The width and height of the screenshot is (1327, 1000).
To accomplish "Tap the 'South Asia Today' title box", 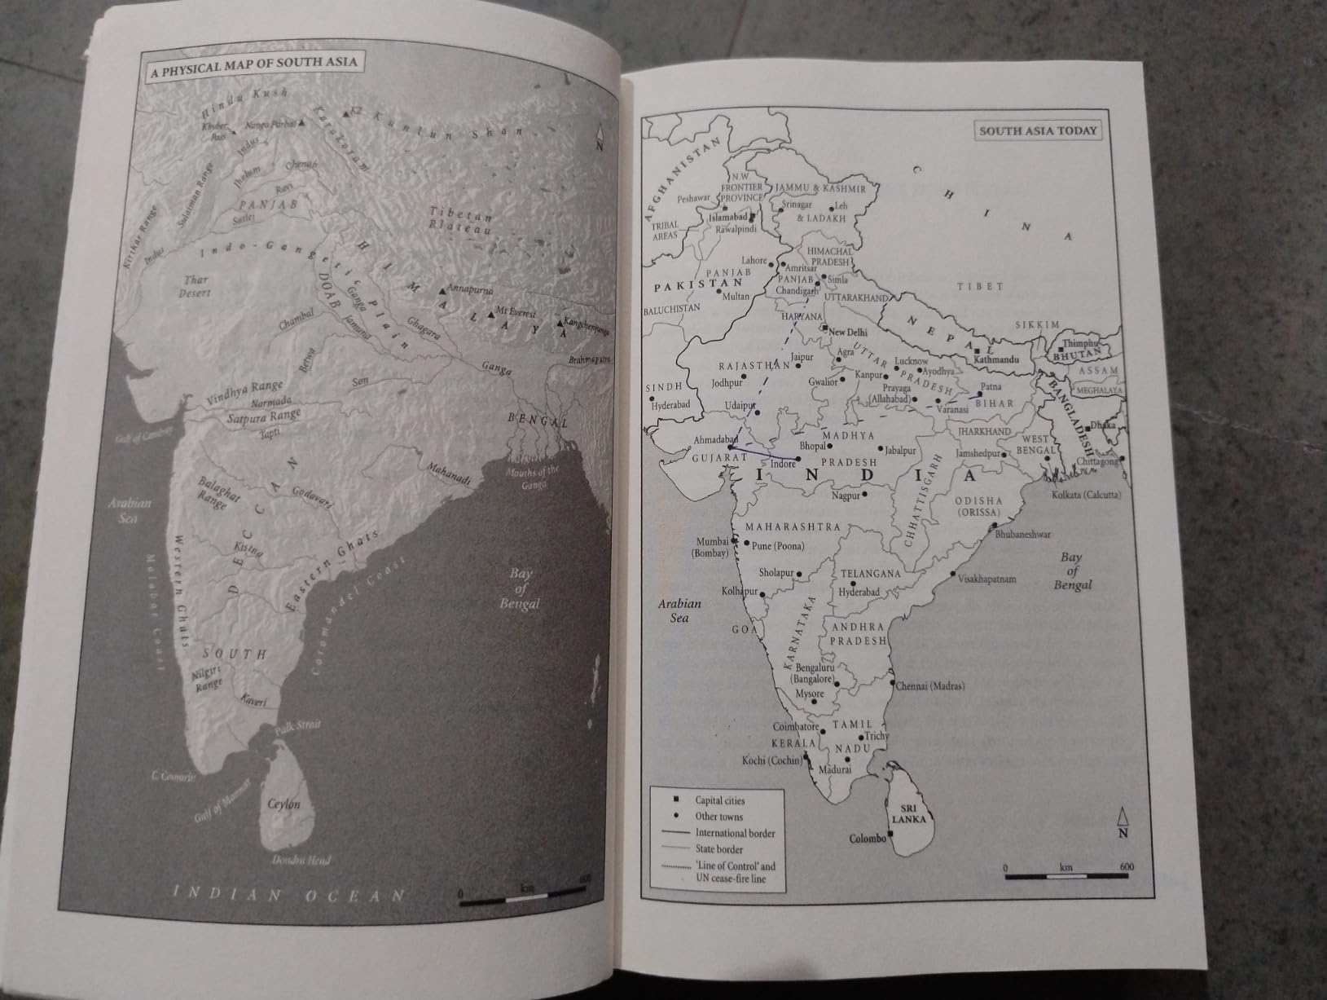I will tap(1038, 130).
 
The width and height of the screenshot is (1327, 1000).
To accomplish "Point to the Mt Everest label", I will tap(519, 313).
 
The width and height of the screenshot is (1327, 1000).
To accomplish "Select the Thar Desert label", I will tap(195, 285).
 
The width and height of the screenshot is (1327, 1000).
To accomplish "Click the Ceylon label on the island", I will tap(284, 804).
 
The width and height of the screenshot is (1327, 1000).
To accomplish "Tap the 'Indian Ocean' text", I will tap(292, 894).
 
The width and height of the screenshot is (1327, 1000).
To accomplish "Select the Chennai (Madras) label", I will tap(929, 686).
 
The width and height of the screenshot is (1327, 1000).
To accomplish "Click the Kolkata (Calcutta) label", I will tap(1087, 496).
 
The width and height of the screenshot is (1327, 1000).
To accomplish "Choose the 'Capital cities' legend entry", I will tap(719, 800).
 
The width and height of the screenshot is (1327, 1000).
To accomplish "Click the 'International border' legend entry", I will tap(735, 833).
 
